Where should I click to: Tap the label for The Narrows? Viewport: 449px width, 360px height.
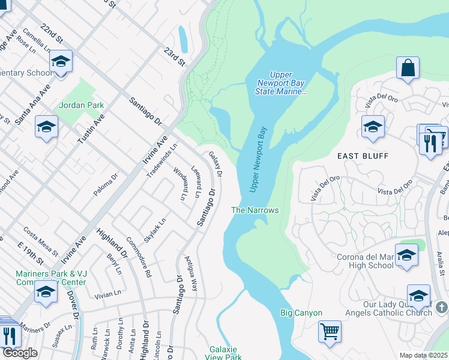click(x=256, y=211)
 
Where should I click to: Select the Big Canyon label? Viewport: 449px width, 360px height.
click(x=301, y=313)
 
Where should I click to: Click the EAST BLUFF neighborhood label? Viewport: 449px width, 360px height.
click(x=363, y=156)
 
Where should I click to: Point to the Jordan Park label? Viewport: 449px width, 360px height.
click(x=82, y=106)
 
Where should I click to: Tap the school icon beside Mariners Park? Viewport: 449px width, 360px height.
click(x=46, y=292)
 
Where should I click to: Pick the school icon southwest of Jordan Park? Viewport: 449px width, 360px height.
click(x=46, y=127)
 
